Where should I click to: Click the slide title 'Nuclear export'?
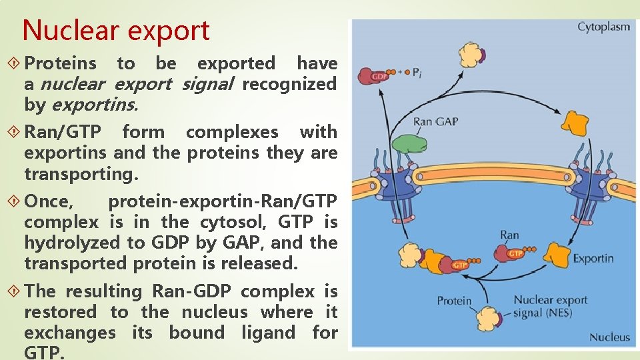(116, 31)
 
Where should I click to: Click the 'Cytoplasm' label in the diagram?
(603, 27)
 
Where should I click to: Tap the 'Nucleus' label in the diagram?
(609, 337)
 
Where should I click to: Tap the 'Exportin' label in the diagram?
(593, 258)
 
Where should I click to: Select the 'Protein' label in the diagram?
(454, 301)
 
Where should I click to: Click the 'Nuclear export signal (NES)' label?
(550, 307)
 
